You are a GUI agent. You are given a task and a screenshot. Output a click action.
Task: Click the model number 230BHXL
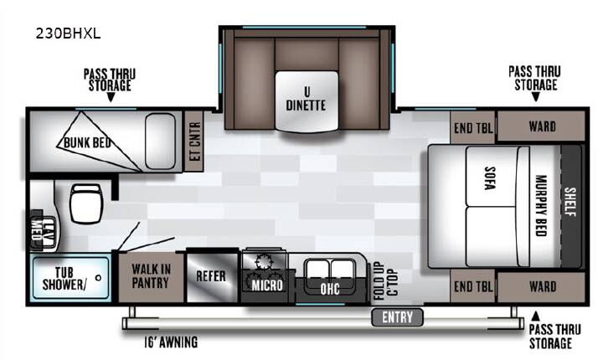[x=68, y=33]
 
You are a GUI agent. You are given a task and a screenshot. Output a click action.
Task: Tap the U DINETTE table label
[x=307, y=99]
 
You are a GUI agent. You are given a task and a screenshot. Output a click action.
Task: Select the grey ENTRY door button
[x=397, y=317]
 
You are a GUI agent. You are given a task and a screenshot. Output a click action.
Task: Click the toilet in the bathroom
[x=86, y=203]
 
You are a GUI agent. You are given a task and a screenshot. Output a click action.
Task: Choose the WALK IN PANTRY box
[x=151, y=277]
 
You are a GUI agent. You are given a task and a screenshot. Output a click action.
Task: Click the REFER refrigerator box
[x=212, y=276]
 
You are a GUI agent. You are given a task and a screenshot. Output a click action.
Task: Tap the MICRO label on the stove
[x=267, y=285]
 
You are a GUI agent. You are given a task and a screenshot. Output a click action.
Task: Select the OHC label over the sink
[x=330, y=289]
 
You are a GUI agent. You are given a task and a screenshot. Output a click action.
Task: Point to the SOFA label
[x=489, y=178]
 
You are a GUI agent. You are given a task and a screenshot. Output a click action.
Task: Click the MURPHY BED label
[x=541, y=206]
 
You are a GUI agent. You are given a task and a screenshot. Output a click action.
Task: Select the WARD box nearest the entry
[x=542, y=287]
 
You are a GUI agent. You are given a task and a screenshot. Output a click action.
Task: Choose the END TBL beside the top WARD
[x=472, y=128]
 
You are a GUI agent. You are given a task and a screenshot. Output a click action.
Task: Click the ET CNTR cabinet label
[x=195, y=141]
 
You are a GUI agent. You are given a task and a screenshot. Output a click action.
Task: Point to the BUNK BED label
[x=87, y=142]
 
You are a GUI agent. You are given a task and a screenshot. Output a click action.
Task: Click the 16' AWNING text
[x=171, y=342]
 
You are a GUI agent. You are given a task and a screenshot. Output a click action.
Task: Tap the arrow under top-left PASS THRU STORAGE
[x=111, y=98]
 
